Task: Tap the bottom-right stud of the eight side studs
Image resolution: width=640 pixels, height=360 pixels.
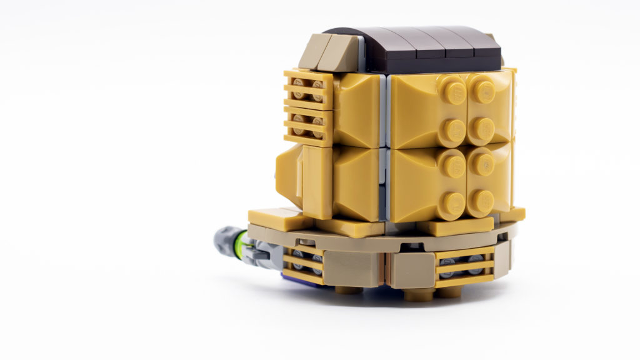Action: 482,201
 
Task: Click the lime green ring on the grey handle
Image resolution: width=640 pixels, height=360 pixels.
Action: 237,239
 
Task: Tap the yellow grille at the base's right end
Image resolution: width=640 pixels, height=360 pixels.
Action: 462,266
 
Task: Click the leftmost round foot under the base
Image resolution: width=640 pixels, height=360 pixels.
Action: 347,289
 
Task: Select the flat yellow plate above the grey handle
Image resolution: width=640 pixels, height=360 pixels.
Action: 278,218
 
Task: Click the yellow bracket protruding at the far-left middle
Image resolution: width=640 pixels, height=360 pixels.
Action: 289,169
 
